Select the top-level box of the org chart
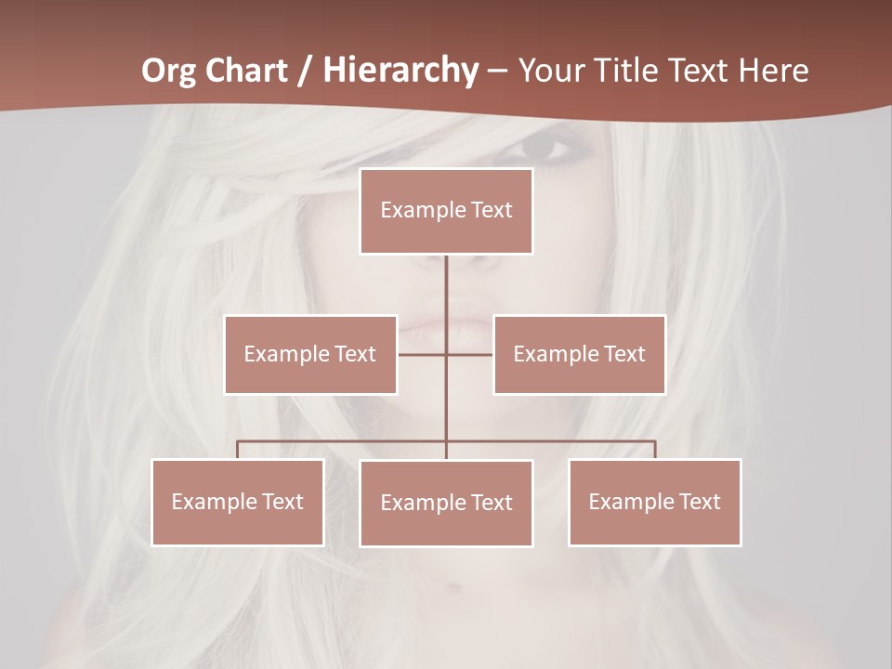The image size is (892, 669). pyautogui.click(x=446, y=211)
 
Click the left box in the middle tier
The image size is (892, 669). pyautogui.click(x=310, y=354)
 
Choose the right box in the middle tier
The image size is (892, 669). pyautogui.click(x=579, y=354)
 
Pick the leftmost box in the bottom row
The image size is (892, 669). pyautogui.click(x=237, y=502)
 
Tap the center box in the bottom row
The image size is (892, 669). pyautogui.click(x=446, y=503)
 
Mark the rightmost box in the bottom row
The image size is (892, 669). pyautogui.click(x=654, y=502)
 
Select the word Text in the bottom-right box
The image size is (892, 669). pyautogui.click(x=699, y=502)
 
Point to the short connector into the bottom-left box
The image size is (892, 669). pyautogui.click(x=237, y=450)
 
